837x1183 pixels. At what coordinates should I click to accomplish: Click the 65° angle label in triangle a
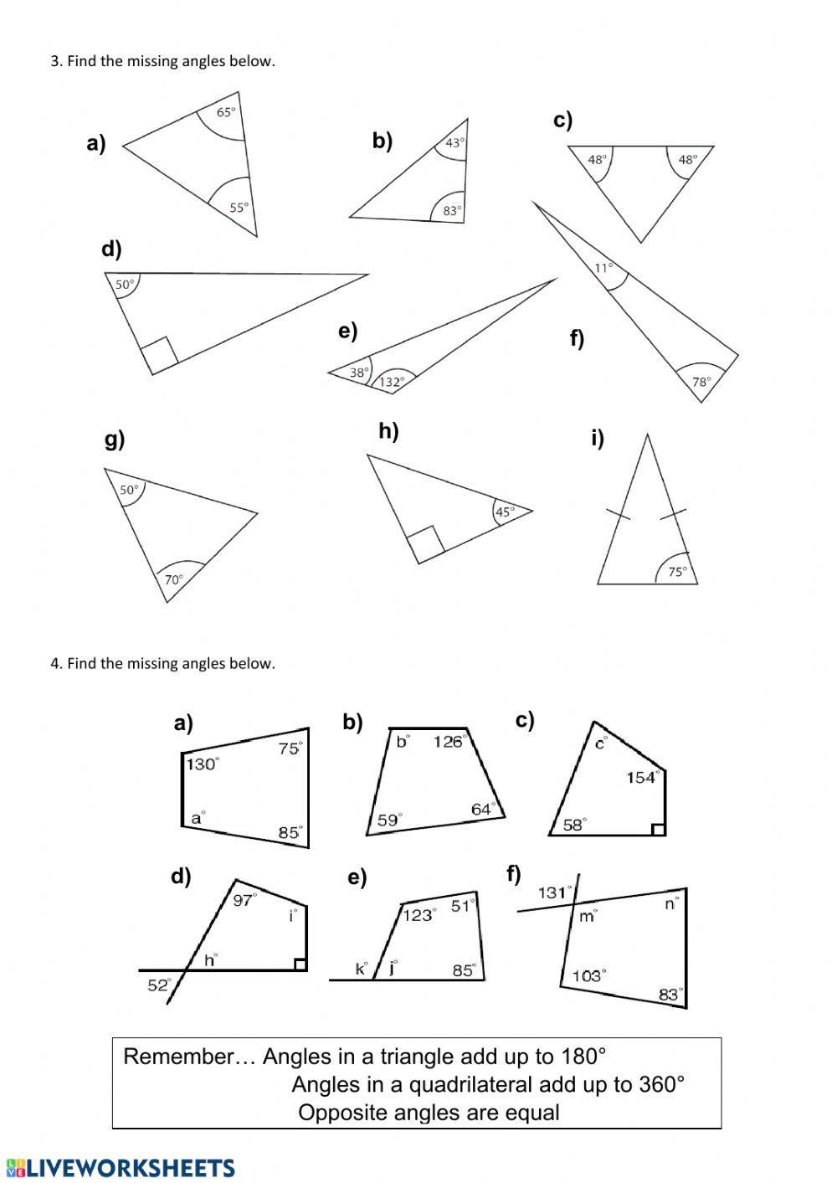[x=226, y=112]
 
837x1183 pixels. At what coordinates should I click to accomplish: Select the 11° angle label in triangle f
[x=603, y=268]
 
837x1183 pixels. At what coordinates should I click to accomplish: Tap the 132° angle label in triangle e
[x=392, y=382]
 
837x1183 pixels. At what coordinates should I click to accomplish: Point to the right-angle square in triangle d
[x=159, y=355]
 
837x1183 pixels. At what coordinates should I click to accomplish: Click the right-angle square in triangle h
[x=425, y=544]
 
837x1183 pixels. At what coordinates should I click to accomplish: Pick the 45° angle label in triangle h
[x=505, y=512]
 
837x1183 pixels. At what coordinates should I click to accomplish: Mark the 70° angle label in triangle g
[x=173, y=579]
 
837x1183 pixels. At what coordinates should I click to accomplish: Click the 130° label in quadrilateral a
[x=202, y=764]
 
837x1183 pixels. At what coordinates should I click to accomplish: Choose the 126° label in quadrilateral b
[x=449, y=741]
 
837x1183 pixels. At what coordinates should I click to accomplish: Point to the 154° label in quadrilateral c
[x=641, y=778]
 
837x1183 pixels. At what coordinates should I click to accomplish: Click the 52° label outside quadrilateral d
[x=159, y=985]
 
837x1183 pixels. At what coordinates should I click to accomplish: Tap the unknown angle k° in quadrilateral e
[x=362, y=969]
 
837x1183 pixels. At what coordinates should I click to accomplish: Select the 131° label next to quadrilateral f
[x=554, y=892]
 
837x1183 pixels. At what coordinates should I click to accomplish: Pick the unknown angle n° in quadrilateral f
[x=671, y=903]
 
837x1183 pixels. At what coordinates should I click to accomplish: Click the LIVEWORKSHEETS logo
[x=121, y=1167]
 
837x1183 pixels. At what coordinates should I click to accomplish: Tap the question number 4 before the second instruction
[x=54, y=664]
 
